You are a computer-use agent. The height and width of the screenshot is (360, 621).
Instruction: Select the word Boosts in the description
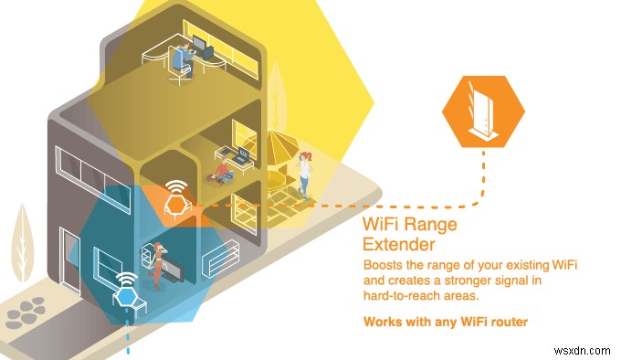384,265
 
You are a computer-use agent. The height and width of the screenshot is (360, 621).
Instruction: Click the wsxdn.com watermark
585,348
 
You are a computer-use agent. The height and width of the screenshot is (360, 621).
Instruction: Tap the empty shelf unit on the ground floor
220,261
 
